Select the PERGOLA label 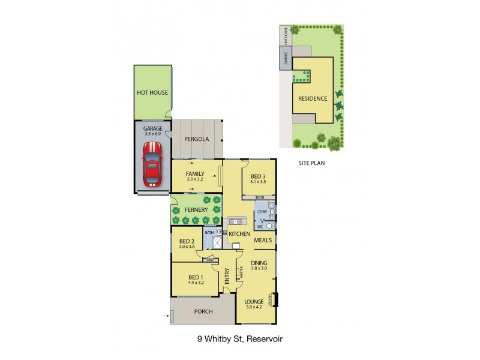[x=196, y=139]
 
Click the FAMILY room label [x=196, y=173]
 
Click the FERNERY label [x=196, y=210]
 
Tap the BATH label [x=209, y=232]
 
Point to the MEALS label [x=263, y=240]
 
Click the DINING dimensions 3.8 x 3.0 [x=259, y=268]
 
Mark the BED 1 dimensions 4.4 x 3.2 [x=196, y=282]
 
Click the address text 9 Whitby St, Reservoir [x=239, y=338]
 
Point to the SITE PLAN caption [x=311, y=162]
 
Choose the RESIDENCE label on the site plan [x=313, y=98]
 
